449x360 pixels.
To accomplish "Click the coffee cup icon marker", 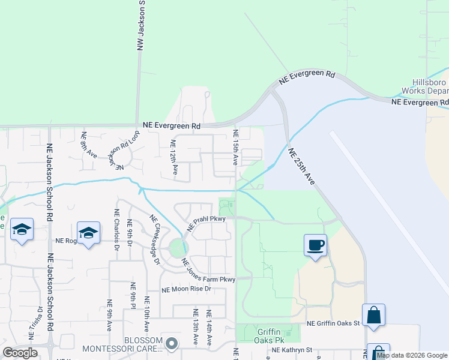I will click(x=315, y=245).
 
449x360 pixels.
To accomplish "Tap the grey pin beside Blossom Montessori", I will click(x=172, y=344).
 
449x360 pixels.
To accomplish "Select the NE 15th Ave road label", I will click(x=235, y=148).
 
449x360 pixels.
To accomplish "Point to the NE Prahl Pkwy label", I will click(x=206, y=223).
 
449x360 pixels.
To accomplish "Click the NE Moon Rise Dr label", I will click(x=187, y=289).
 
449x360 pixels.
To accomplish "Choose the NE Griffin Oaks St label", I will click(x=333, y=323).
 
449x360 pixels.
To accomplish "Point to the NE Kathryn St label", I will click(x=293, y=349).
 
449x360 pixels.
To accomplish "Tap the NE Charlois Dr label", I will click(x=116, y=229).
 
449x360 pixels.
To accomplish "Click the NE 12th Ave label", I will click(x=174, y=157).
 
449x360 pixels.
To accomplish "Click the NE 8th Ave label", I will click(x=88, y=145).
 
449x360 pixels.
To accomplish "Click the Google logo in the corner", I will click(x=20, y=353).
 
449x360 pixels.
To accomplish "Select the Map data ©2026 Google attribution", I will click(x=412, y=355).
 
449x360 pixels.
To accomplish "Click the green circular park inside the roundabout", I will click(x=177, y=248).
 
